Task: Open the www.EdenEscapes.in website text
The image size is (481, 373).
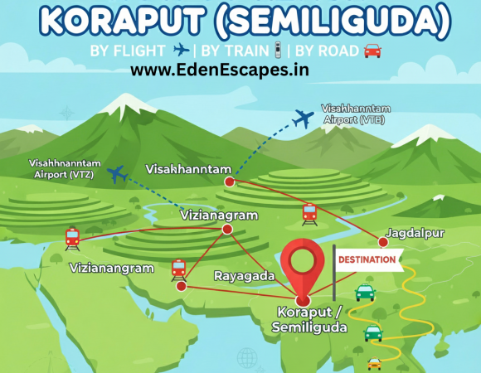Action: click(x=219, y=71)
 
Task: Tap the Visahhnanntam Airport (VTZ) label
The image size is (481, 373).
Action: click(x=63, y=170)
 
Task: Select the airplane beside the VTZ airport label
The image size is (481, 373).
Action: click(x=118, y=174)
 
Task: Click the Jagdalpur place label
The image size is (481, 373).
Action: click(x=415, y=233)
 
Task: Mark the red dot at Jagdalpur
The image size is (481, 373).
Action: click(x=383, y=242)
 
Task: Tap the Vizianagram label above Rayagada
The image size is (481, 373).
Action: click(x=219, y=216)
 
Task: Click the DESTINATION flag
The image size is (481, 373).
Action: click(x=366, y=259)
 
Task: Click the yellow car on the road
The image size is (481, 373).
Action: click(x=374, y=362)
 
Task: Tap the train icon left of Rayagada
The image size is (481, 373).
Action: click(x=178, y=269)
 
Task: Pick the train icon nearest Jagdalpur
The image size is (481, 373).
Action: click(x=309, y=214)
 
